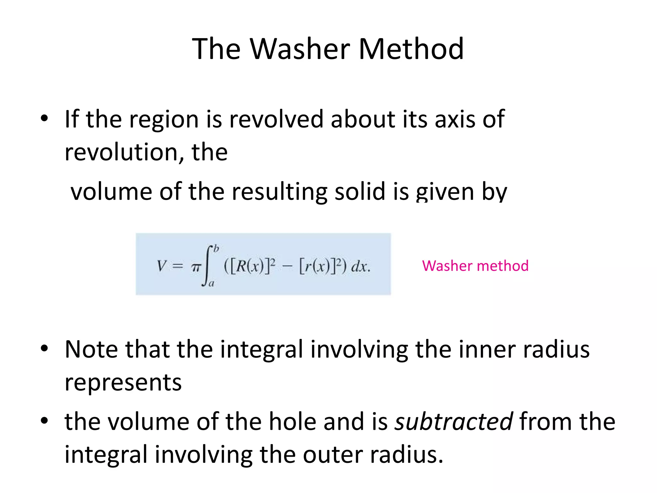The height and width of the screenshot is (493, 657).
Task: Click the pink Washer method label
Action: tap(475, 266)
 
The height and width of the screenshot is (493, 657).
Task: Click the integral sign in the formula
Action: tap(207, 266)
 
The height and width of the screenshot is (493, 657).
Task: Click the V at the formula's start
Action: tap(161, 266)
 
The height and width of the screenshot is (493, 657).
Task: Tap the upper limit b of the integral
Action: tap(216, 248)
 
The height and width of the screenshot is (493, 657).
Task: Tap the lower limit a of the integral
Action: tap(211, 284)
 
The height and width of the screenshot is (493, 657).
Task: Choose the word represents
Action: tap(123, 383)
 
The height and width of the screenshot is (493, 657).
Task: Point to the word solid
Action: tap(360, 192)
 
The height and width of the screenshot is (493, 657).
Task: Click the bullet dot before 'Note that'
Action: tap(44, 348)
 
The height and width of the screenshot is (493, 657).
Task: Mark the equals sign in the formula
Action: tap(178, 266)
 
